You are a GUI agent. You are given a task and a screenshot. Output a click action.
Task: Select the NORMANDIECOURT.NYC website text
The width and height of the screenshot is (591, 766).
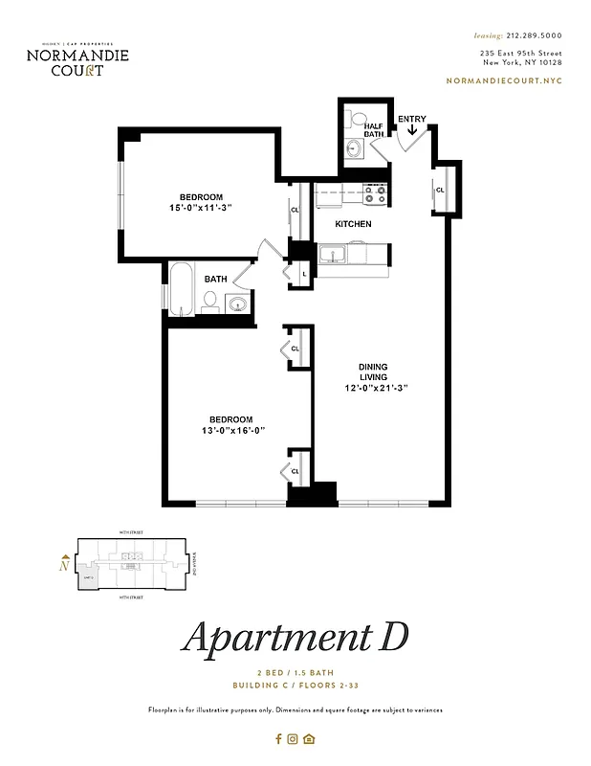[x=504, y=81]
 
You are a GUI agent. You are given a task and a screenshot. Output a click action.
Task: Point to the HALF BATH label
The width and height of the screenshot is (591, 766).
[x=373, y=130]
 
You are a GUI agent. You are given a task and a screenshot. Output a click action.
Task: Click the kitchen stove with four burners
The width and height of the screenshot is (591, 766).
[x=375, y=194]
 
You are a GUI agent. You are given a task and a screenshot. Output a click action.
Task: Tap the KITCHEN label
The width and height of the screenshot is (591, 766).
[x=353, y=224]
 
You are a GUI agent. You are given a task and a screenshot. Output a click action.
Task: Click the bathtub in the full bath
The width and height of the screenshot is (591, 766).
[x=181, y=290]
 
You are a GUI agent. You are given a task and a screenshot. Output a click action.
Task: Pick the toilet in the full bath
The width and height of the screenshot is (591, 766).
[x=209, y=301]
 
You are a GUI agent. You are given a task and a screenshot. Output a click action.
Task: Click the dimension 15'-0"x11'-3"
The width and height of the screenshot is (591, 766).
[x=202, y=208]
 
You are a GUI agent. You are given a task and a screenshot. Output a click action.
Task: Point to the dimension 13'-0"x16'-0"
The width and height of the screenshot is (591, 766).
[x=231, y=430]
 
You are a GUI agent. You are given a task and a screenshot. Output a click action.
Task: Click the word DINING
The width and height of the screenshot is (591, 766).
[x=373, y=366]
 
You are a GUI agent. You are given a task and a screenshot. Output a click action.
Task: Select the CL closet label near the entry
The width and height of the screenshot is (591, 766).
[x=440, y=190]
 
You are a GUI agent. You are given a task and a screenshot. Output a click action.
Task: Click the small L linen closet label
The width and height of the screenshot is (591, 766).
[x=303, y=274]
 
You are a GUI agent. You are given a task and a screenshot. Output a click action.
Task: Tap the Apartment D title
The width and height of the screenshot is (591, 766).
[x=295, y=637]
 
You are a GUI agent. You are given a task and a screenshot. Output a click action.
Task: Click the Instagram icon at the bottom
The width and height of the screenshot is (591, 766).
[x=294, y=738]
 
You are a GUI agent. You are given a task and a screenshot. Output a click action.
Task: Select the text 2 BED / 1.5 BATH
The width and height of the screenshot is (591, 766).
[x=295, y=673]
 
